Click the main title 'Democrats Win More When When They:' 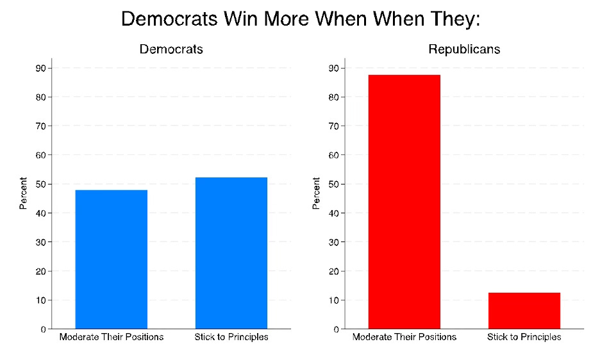click(x=300, y=19)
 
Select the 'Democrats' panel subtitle click(x=172, y=49)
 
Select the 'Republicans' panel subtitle click(x=464, y=49)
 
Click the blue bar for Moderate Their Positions click(x=112, y=259)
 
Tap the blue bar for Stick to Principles click(x=231, y=253)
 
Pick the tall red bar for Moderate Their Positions click(x=404, y=202)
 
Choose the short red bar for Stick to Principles click(x=524, y=311)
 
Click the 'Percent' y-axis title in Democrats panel click(x=24, y=193)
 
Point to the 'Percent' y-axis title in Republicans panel click(x=317, y=193)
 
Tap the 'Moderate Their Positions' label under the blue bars click(x=112, y=337)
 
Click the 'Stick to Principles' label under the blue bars click(x=231, y=337)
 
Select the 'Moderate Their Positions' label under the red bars click(x=404, y=337)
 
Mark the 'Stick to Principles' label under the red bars click(x=524, y=337)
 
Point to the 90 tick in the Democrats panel click(x=40, y=69)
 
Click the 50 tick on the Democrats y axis click(x=40, y=184)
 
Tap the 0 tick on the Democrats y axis click(x=43, y=329)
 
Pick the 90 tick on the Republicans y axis click(x=333, y=69)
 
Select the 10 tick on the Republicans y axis click(x=333, y=300)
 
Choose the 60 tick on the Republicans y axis click(x=333, y=156)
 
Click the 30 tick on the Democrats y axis click(x=40, y=242)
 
